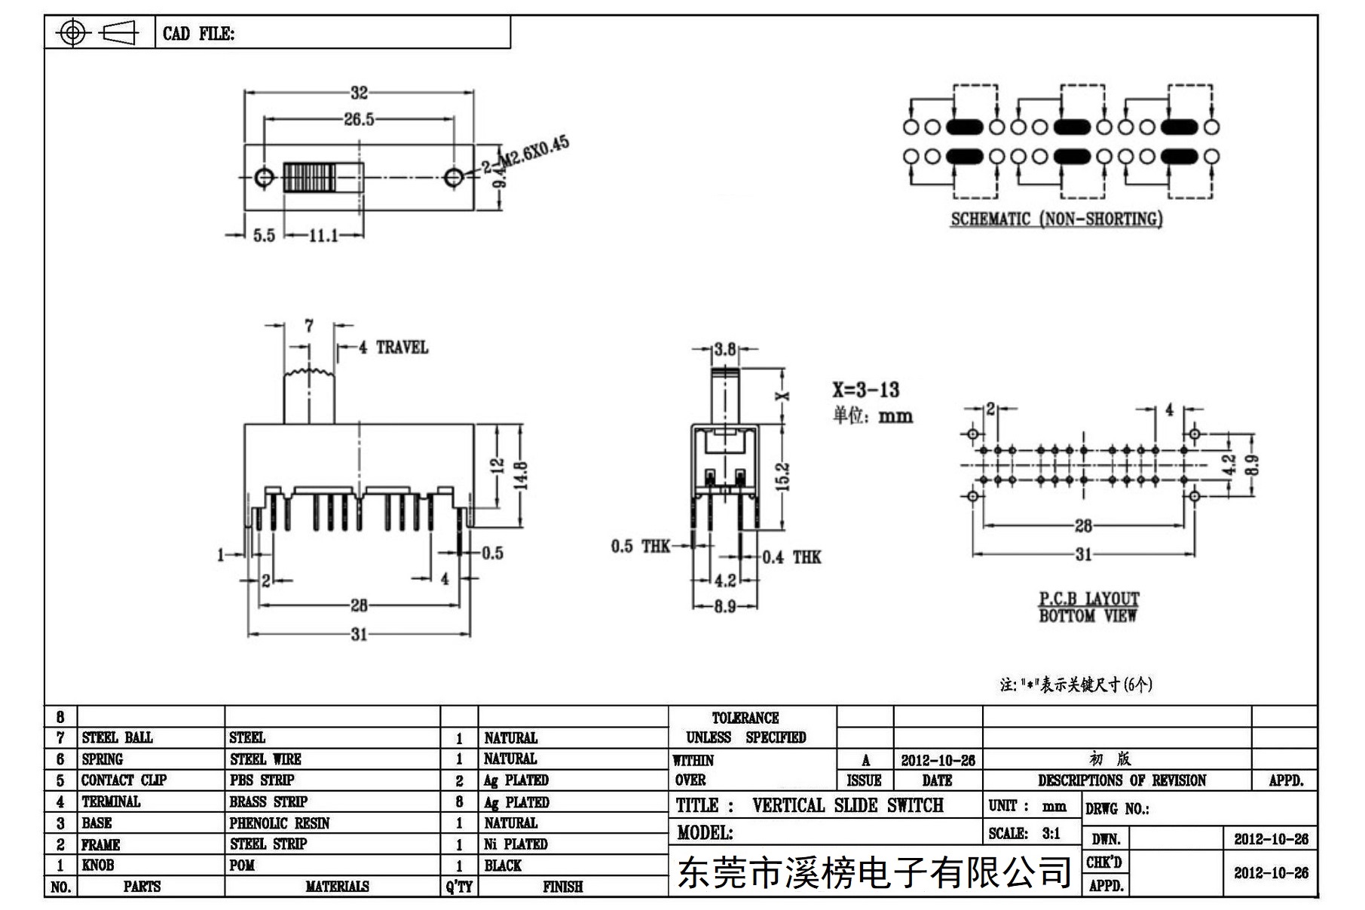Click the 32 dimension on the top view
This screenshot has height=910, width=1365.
click(359, 93)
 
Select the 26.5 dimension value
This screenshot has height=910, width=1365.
click(359, 119)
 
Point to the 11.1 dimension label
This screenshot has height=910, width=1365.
click(323, 236)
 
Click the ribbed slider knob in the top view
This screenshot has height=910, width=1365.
click(309, 178)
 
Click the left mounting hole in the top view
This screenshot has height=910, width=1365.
click(264, 178)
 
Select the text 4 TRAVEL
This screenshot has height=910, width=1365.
click(393, 348)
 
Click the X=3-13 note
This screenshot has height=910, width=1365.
click(866, 390)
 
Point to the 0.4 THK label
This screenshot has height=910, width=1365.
click(791, 558)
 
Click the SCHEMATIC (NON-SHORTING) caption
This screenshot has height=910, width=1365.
click(1056, 219)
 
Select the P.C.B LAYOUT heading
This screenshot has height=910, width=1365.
click(1089, 599)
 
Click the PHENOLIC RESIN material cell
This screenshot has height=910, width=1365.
click(280, 823)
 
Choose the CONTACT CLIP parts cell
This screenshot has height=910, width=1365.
click(124, 780)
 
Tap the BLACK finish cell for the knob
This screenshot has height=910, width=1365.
click(503, 866)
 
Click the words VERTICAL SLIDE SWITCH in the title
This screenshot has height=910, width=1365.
click(848, 806)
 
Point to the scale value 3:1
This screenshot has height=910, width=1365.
click(1051, 834)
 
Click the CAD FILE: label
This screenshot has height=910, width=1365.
click(199, 34)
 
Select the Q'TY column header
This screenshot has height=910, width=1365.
click(459, 887)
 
